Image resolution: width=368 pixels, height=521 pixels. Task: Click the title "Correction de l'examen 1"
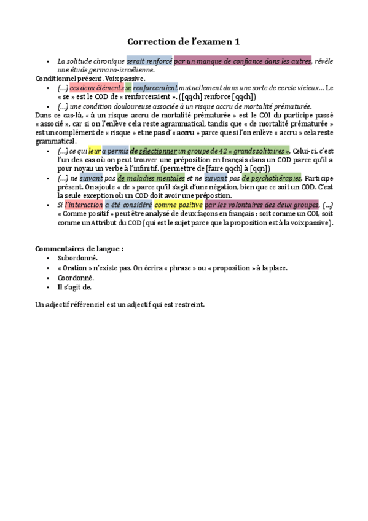184,42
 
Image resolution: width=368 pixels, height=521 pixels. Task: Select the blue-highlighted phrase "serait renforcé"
149,61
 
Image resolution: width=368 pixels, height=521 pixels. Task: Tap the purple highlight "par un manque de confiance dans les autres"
243,61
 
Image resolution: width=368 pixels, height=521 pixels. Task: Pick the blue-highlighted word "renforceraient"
155,88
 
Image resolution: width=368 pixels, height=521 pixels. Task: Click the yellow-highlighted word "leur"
95,151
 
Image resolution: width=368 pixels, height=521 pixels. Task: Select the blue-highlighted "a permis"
115,151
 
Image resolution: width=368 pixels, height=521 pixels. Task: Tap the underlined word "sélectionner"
157,151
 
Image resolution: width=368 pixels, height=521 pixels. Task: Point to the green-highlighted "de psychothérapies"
271,178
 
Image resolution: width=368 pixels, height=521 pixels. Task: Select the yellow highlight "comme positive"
178,205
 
